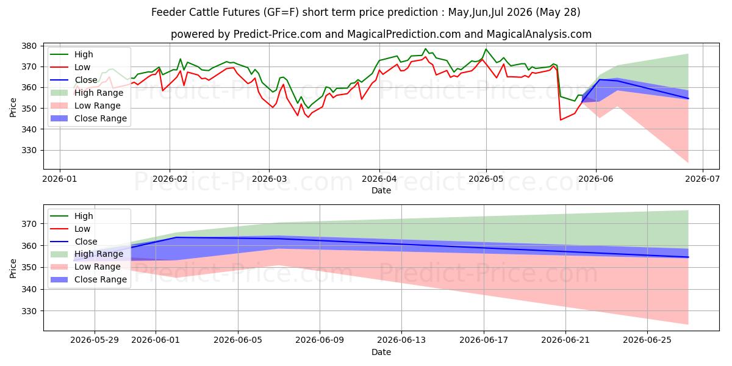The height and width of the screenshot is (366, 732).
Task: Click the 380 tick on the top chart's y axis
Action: click(x=29, y=46)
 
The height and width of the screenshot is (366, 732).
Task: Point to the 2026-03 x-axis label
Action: click(x=269, y=179)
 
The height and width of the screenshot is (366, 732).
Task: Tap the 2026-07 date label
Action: click(x=703, y=179)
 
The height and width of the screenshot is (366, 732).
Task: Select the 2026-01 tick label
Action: click(x=60, y=179)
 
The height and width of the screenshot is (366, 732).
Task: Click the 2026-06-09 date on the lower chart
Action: click(x=320, y=340)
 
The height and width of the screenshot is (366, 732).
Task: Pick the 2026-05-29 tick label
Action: click(x=95, y=340)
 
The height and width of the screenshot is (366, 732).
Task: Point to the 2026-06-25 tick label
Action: click(x=647, y=340)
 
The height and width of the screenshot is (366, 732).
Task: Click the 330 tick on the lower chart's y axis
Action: click(x=29, y=312)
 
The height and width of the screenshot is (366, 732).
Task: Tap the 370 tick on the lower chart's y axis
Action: click(x=29, y=224)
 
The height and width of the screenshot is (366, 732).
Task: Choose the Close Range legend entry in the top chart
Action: click(x=88, y=118)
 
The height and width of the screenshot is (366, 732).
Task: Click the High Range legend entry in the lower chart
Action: click(x=87, y=254)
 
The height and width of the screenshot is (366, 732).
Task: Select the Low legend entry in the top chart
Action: click(x=70, y=67)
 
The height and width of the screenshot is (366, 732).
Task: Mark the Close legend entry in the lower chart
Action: click(x=74, y=242)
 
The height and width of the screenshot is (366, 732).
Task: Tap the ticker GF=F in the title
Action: click(x=283, y=12)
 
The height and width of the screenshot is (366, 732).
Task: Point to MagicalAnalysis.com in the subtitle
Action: click(x=539, y=34)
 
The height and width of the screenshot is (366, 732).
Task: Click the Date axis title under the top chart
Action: click(x=381, y=190)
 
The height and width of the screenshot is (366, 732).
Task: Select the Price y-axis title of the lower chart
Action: click(x=13, y=268)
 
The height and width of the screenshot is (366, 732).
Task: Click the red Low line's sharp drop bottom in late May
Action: click(x=561, y=120)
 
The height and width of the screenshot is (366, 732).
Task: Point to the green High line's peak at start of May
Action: click(x=486, y=49)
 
